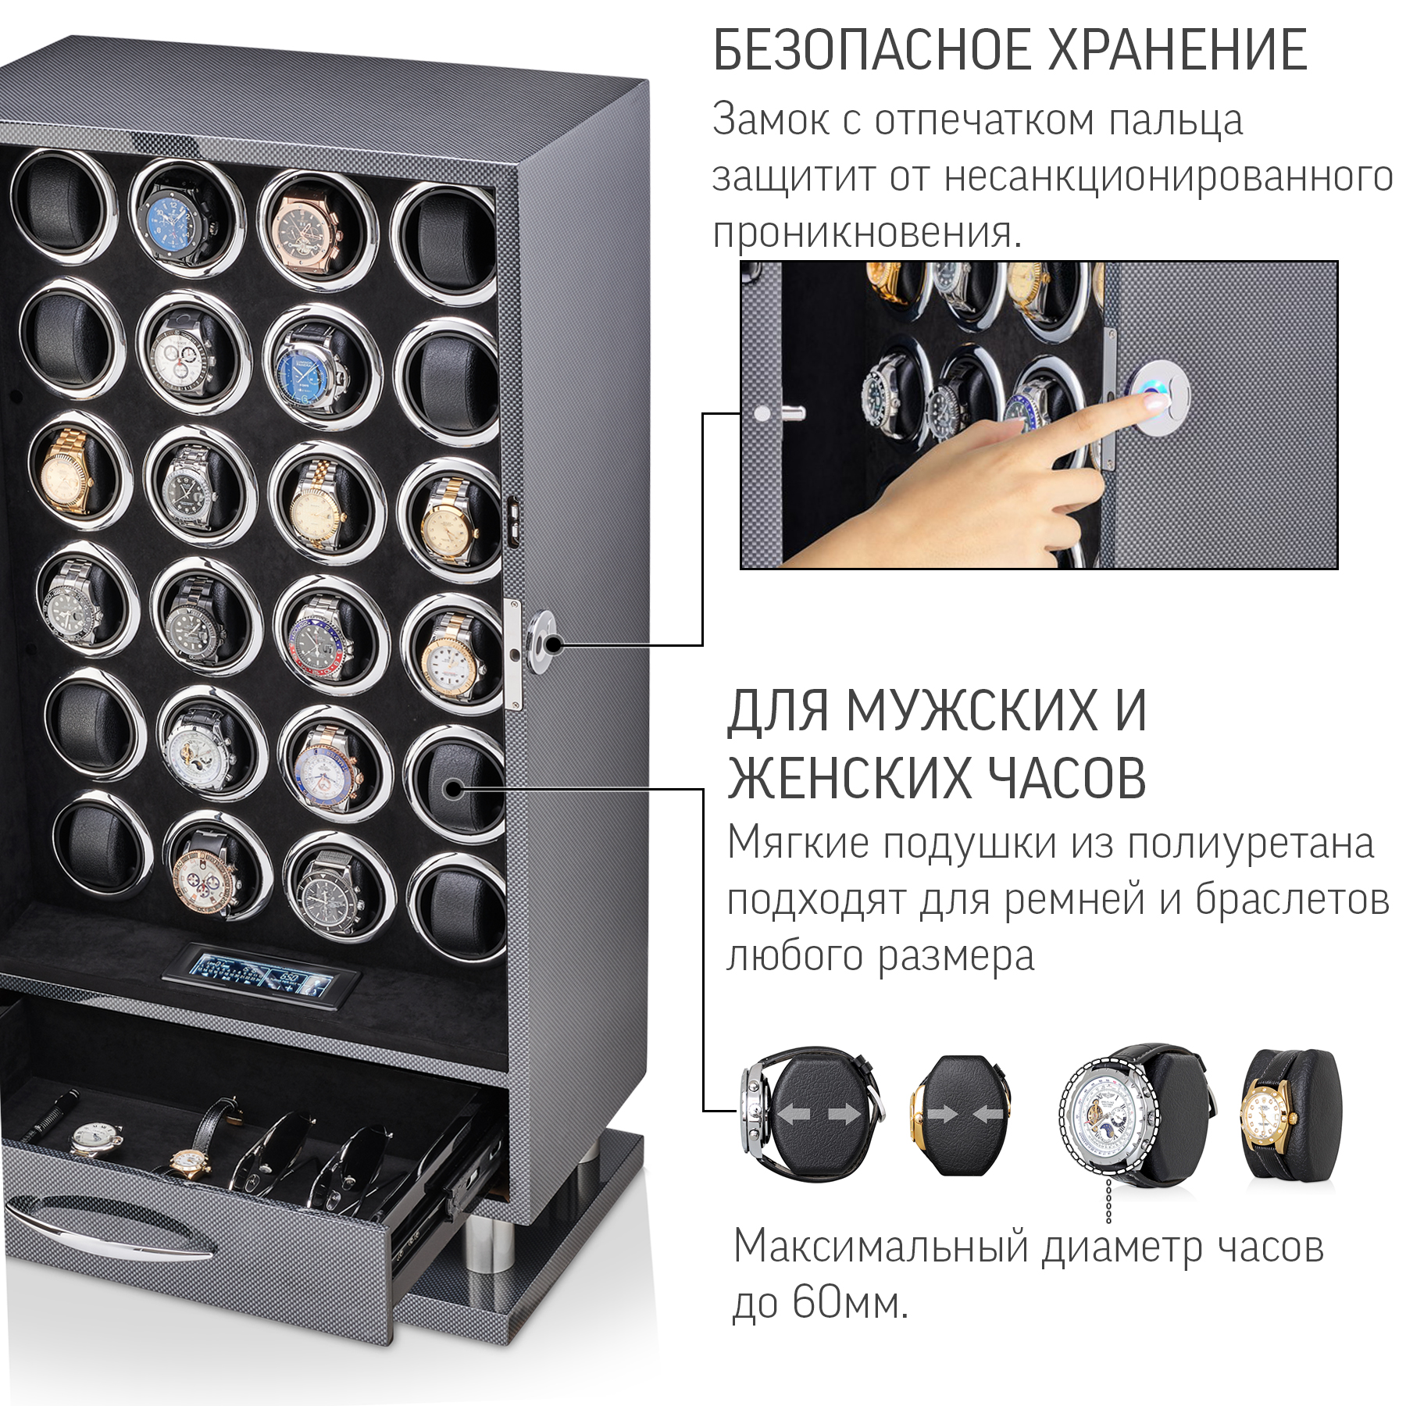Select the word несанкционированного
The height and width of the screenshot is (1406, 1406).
pyautogui.click(x=1169, y=178)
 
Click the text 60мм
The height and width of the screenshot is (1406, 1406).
pyautogui.click(x=850, y=1302)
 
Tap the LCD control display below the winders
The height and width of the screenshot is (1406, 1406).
pyautogui.click(x=261, y=977)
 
